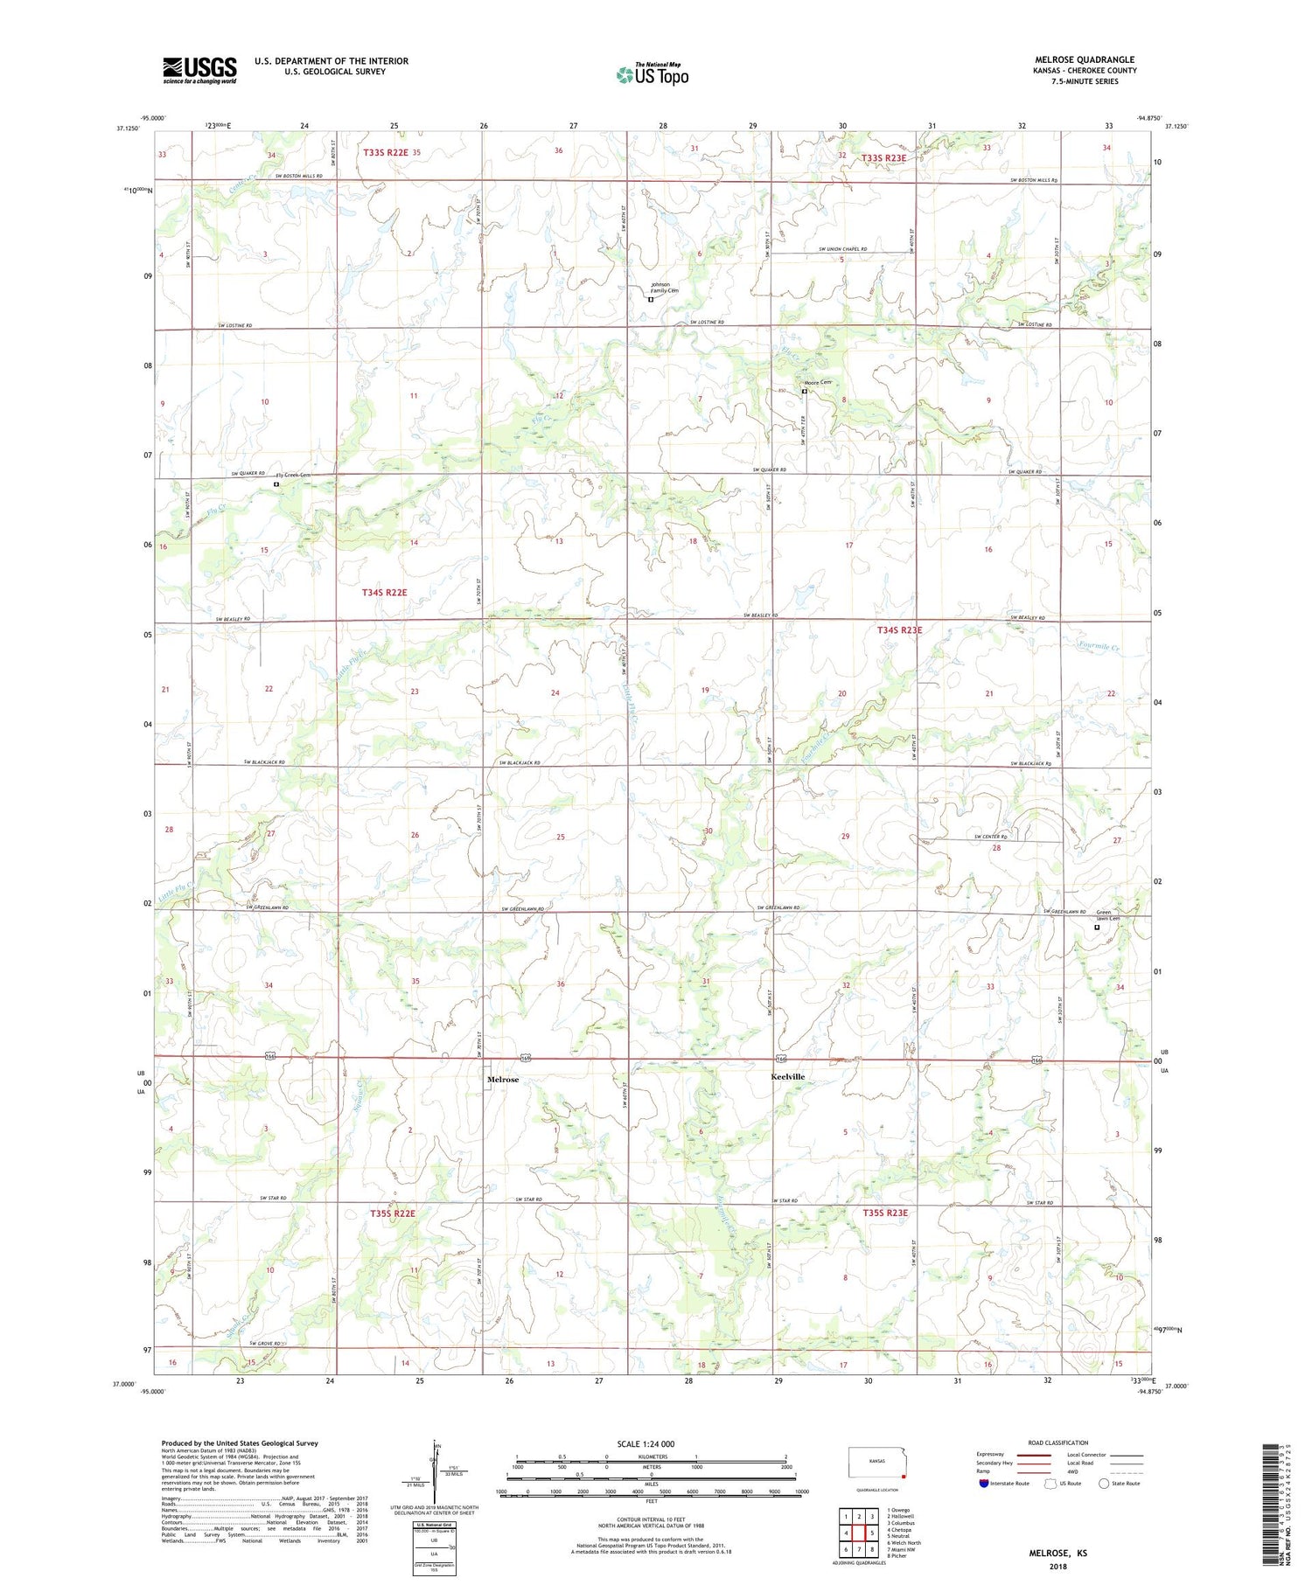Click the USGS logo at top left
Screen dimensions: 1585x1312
(x=199, y=70)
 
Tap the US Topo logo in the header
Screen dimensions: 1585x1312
(x=652, y=74)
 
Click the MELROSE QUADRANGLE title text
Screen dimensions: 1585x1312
(x=1085, y=59)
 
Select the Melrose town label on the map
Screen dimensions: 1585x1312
(x=503, y=1080)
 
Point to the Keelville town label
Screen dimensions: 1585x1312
(x=787, y=1076)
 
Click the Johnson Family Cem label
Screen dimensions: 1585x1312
(x=664, y=288)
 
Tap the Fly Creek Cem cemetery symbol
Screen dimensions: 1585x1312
(x=276, y=483)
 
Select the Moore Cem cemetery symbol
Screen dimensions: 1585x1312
(x=805, y=392)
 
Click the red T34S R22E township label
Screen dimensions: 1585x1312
(x=384, y=593)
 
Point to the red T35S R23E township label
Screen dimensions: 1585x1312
(x=885, y=1213)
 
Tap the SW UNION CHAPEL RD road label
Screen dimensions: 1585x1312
(x=842, y=249)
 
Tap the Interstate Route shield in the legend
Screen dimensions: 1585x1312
(x=983, y=1484)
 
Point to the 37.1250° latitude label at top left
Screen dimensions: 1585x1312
(x=128, y=128)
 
